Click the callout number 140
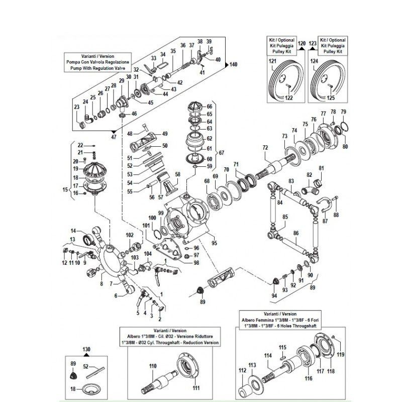234,65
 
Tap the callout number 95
215,243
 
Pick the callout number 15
64,189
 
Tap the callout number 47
113,137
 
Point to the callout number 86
296,233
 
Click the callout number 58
177,174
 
